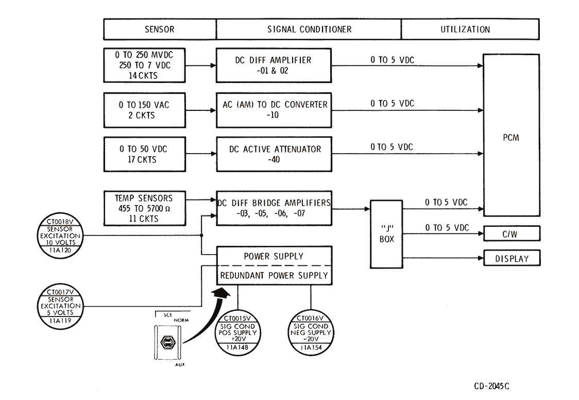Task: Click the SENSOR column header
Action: click(160, 30)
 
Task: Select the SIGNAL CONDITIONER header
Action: click(309, 30)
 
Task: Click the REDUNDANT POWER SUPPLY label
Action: click(274, 276)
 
